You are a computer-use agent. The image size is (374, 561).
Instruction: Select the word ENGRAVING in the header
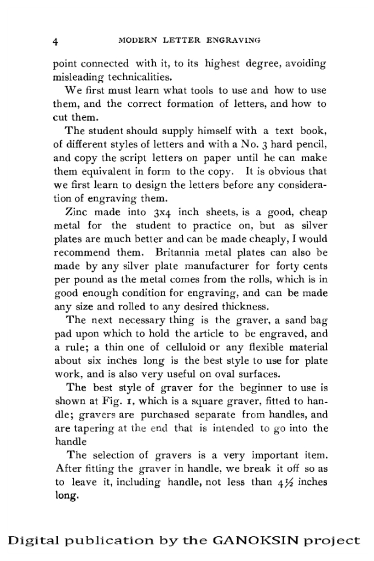(233, 40)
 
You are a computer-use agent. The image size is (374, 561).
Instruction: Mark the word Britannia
(179, 251)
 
